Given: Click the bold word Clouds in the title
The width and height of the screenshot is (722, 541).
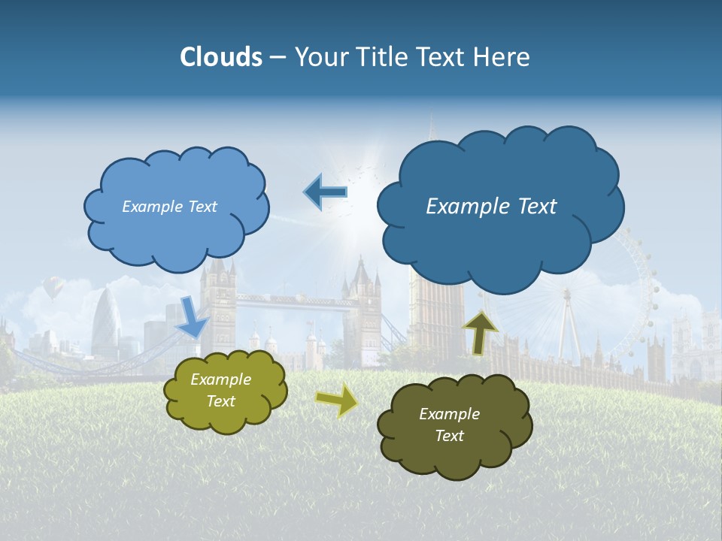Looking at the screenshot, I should (x=220, y=57).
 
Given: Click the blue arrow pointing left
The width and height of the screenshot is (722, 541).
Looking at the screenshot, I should (x=325, y=192).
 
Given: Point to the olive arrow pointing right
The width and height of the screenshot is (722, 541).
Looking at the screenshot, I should (x=336, y=400).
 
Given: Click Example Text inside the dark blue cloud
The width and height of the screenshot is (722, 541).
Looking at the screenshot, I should (x=491, y=207).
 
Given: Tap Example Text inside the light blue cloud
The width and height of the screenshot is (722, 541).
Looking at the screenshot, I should (x=169, y=207).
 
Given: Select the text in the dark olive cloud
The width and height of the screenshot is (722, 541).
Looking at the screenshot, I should (x=449, y=425).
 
